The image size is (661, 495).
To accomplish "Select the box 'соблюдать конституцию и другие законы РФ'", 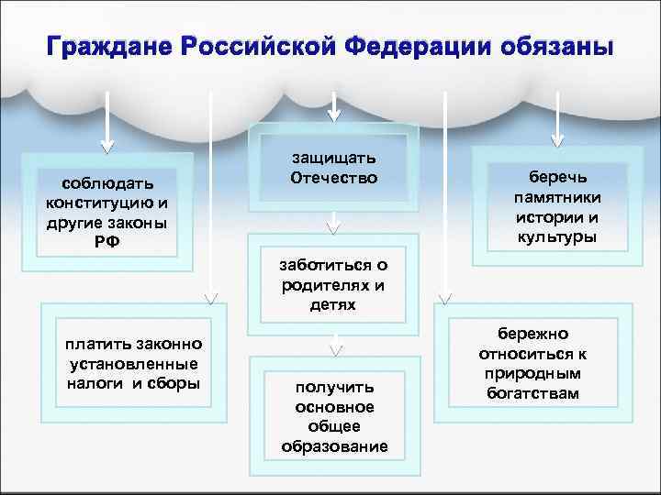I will tap(106, 208).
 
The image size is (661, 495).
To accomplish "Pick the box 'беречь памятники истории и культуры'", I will tap(556, 206).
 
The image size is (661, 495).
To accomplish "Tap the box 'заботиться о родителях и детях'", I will tap(333, 284).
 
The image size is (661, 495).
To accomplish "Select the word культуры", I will tap(556, 237).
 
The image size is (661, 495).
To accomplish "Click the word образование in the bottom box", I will tap(335, 446).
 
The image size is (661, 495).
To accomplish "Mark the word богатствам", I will tap(534, 393).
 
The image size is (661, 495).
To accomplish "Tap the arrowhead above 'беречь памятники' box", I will tap(557, 141).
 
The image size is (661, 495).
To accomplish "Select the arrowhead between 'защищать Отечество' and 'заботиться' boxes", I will tap(334, 223).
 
